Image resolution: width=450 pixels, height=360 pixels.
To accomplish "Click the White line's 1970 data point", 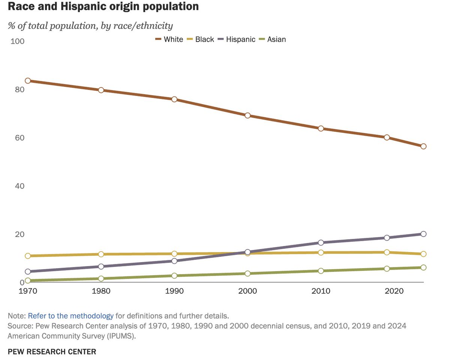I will [x=28, y=81].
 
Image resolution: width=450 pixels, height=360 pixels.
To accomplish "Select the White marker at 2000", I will [x=247, y=115].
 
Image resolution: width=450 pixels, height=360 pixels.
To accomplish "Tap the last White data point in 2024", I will [x=423, y=146].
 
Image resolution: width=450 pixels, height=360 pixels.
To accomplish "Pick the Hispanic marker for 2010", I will [x=321, y=243].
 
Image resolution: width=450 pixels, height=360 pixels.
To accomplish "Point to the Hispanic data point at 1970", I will [x=28, y=271].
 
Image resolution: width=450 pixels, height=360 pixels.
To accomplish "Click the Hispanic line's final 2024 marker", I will [x=423, y=234].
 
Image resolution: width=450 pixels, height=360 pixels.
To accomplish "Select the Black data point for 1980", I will [x=101, y=254].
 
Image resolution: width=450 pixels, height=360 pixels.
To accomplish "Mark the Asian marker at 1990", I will [x=174, y=276].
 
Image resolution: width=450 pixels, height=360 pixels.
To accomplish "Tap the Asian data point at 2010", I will [x=321, y=271].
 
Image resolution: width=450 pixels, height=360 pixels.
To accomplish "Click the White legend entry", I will [x=169, y=39].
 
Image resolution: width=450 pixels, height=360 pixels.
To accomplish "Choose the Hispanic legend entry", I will [x=236, y=39].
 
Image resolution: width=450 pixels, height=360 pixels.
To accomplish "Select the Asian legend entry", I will [x=272, y=39].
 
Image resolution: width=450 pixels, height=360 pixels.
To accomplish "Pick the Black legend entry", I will [x=200, y=39].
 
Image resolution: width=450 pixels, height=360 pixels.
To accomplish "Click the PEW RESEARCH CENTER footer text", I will [x=52, y=352].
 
